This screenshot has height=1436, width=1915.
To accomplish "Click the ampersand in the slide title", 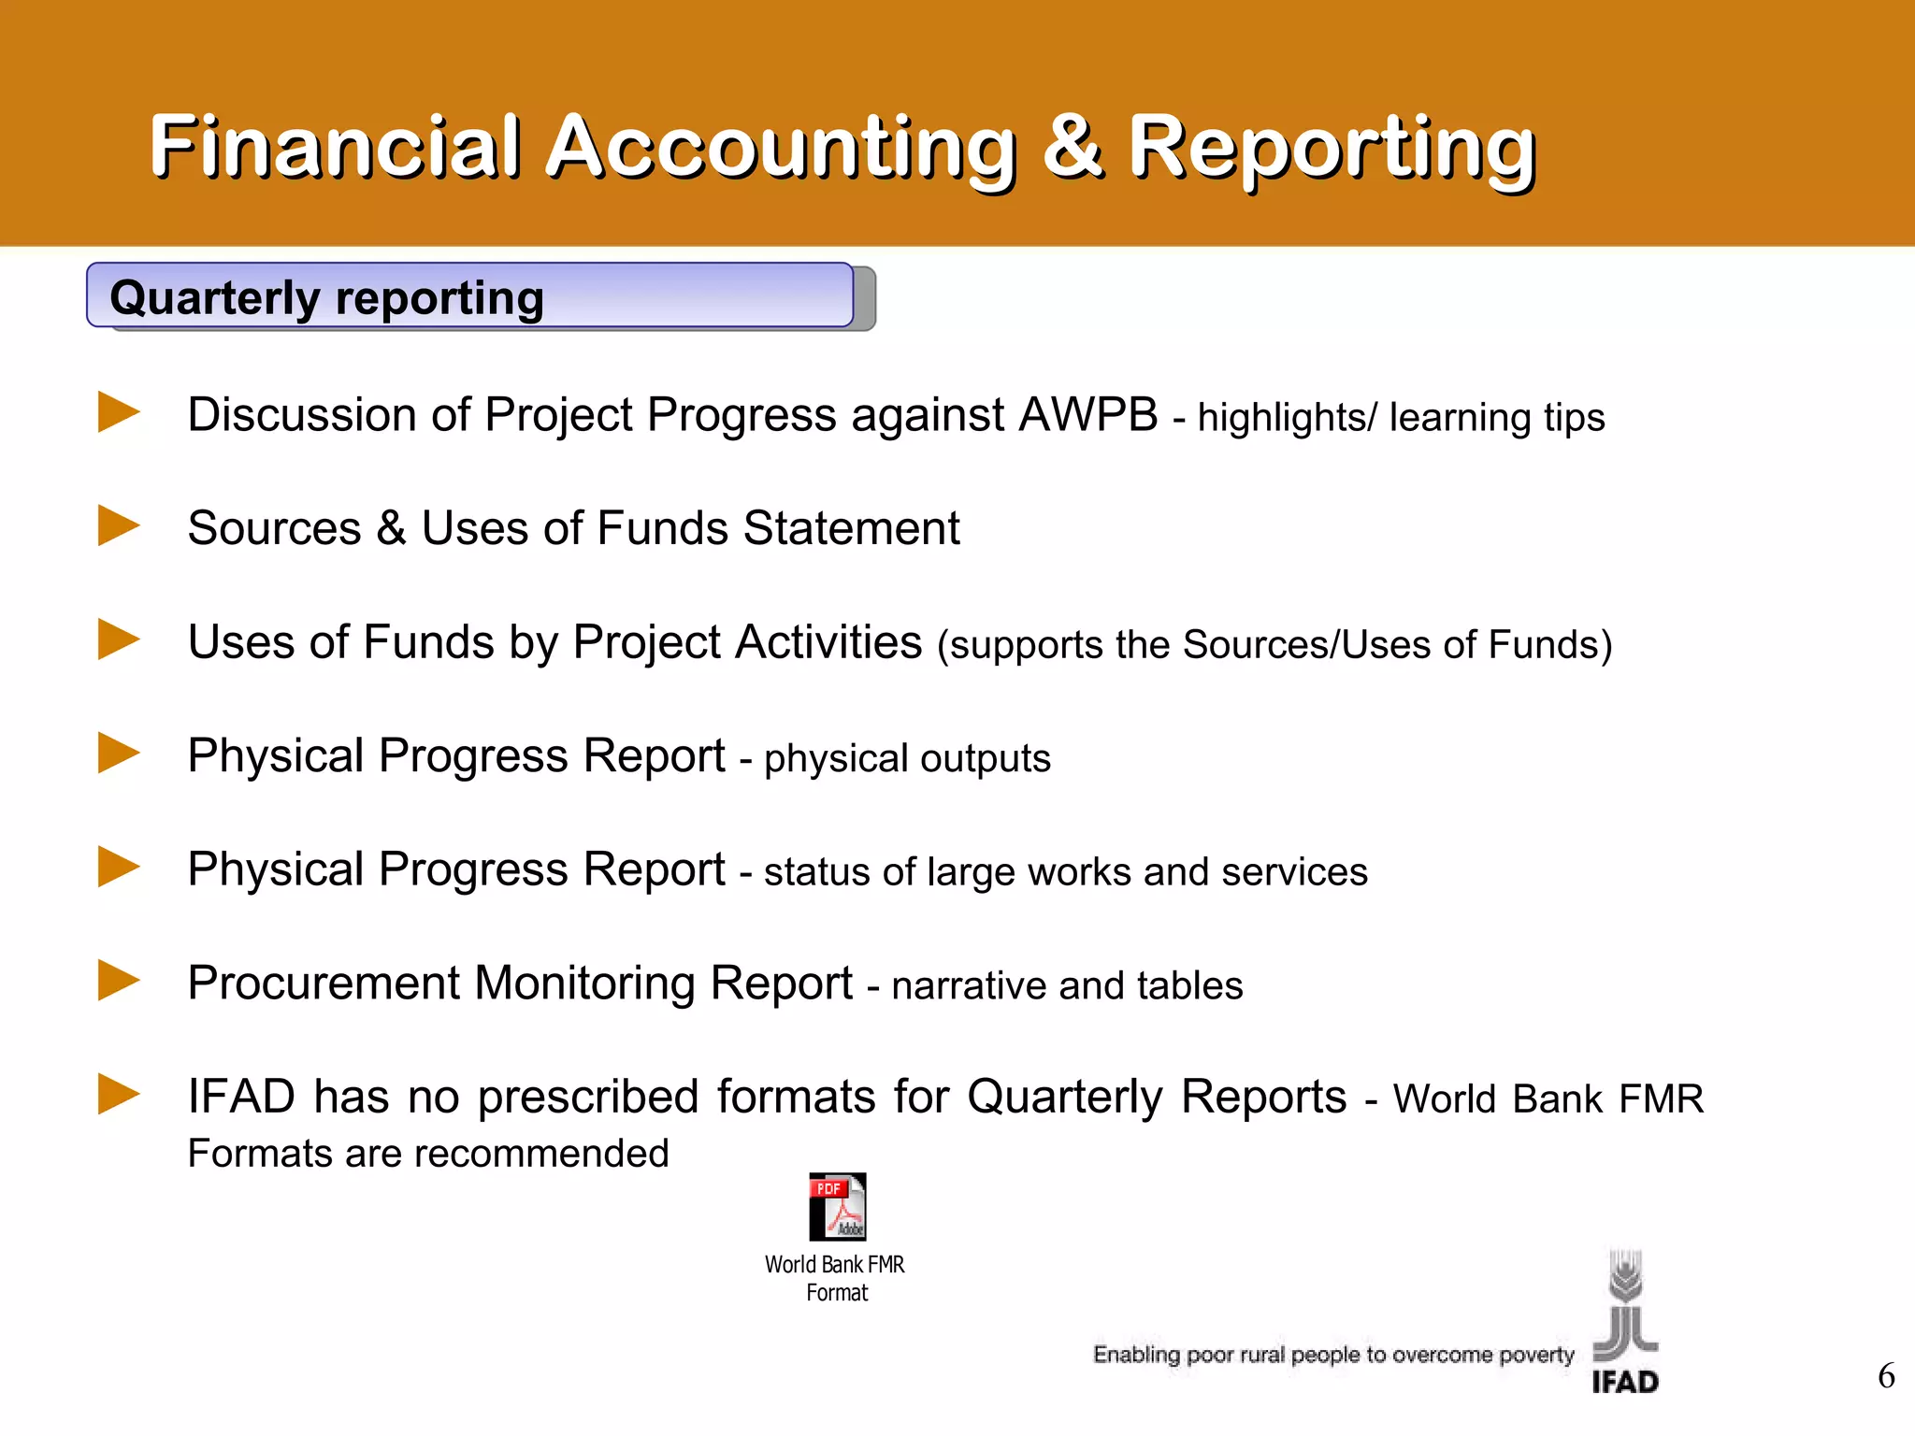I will click(x=1072, y=147).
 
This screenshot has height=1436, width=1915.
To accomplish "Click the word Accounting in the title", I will click(x=781, y=149).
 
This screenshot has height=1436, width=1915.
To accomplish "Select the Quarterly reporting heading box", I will click(x=470, y=296).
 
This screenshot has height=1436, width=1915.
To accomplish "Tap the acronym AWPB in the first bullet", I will click(x=1087, y=414).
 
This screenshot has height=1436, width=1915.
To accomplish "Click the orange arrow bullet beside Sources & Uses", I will click(x=119, y=525).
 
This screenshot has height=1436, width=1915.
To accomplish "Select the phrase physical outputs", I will click(x=907, y=758).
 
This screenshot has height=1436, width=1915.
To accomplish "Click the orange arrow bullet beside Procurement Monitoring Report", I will click(x=119, y=981).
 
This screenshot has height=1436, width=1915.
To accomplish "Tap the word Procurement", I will click(x=324, y=984).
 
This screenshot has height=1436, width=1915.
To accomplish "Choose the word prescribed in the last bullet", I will click(x=588, y=1097).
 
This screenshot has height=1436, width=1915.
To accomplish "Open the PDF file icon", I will click(x=837, y=1207).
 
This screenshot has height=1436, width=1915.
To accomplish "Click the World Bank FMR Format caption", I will click(x=835, y=1278).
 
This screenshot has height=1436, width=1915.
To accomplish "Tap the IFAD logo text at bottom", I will click(x=1625, y=1382).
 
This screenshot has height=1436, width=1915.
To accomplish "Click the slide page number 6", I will click(x=1886, y=1376).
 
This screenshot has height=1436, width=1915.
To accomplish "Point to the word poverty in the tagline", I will click(x=1536, y=1355).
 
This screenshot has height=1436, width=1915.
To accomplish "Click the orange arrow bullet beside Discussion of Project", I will click(x=119, y=412).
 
